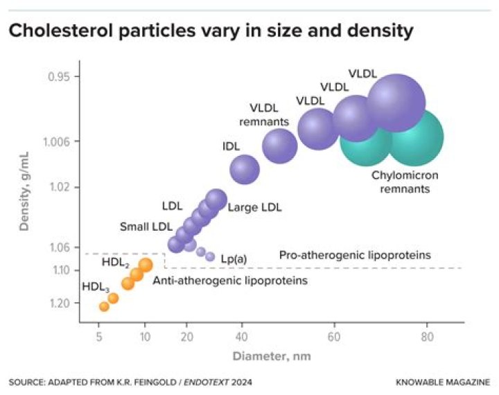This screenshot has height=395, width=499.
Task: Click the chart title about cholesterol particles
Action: coord(211,31)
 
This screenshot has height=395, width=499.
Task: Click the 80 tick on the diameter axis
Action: coord(427,337)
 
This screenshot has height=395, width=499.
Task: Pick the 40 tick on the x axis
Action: coord(241,337)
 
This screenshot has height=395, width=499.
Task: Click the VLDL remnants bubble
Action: coord(280,146)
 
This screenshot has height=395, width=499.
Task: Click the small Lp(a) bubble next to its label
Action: coord(210,256)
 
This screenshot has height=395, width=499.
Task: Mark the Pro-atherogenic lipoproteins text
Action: coord(355,255)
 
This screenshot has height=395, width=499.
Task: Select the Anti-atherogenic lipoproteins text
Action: coord(229,281)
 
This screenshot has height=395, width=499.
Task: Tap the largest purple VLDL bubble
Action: coord(396,102)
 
